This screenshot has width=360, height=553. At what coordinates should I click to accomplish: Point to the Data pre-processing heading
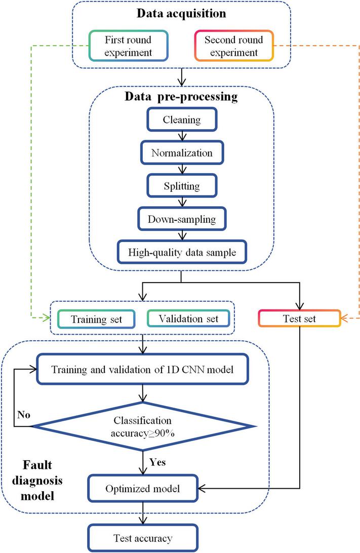pos(181,97)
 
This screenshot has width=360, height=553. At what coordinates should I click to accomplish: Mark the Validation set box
pos(188,319)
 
